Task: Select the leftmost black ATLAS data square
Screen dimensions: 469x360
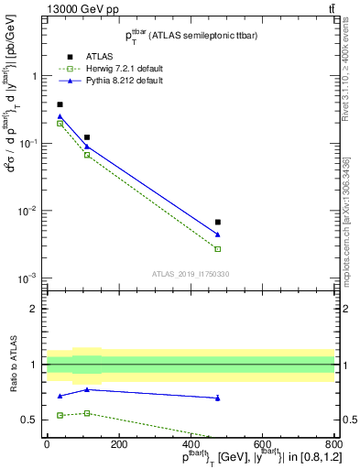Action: click(x=60, y=104)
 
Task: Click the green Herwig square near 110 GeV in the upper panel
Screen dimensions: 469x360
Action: click(x=87, y=155)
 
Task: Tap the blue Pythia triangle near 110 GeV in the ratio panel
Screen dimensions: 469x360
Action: click(x=87, y=389)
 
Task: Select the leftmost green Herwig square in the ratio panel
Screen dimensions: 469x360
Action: click(x=60, y=415)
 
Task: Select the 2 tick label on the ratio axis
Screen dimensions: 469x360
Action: click(x=35, y=309)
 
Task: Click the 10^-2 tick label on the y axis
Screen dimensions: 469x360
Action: click(x=29, y=211)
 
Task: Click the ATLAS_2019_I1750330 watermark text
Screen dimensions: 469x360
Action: click(x=191, y=274)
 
